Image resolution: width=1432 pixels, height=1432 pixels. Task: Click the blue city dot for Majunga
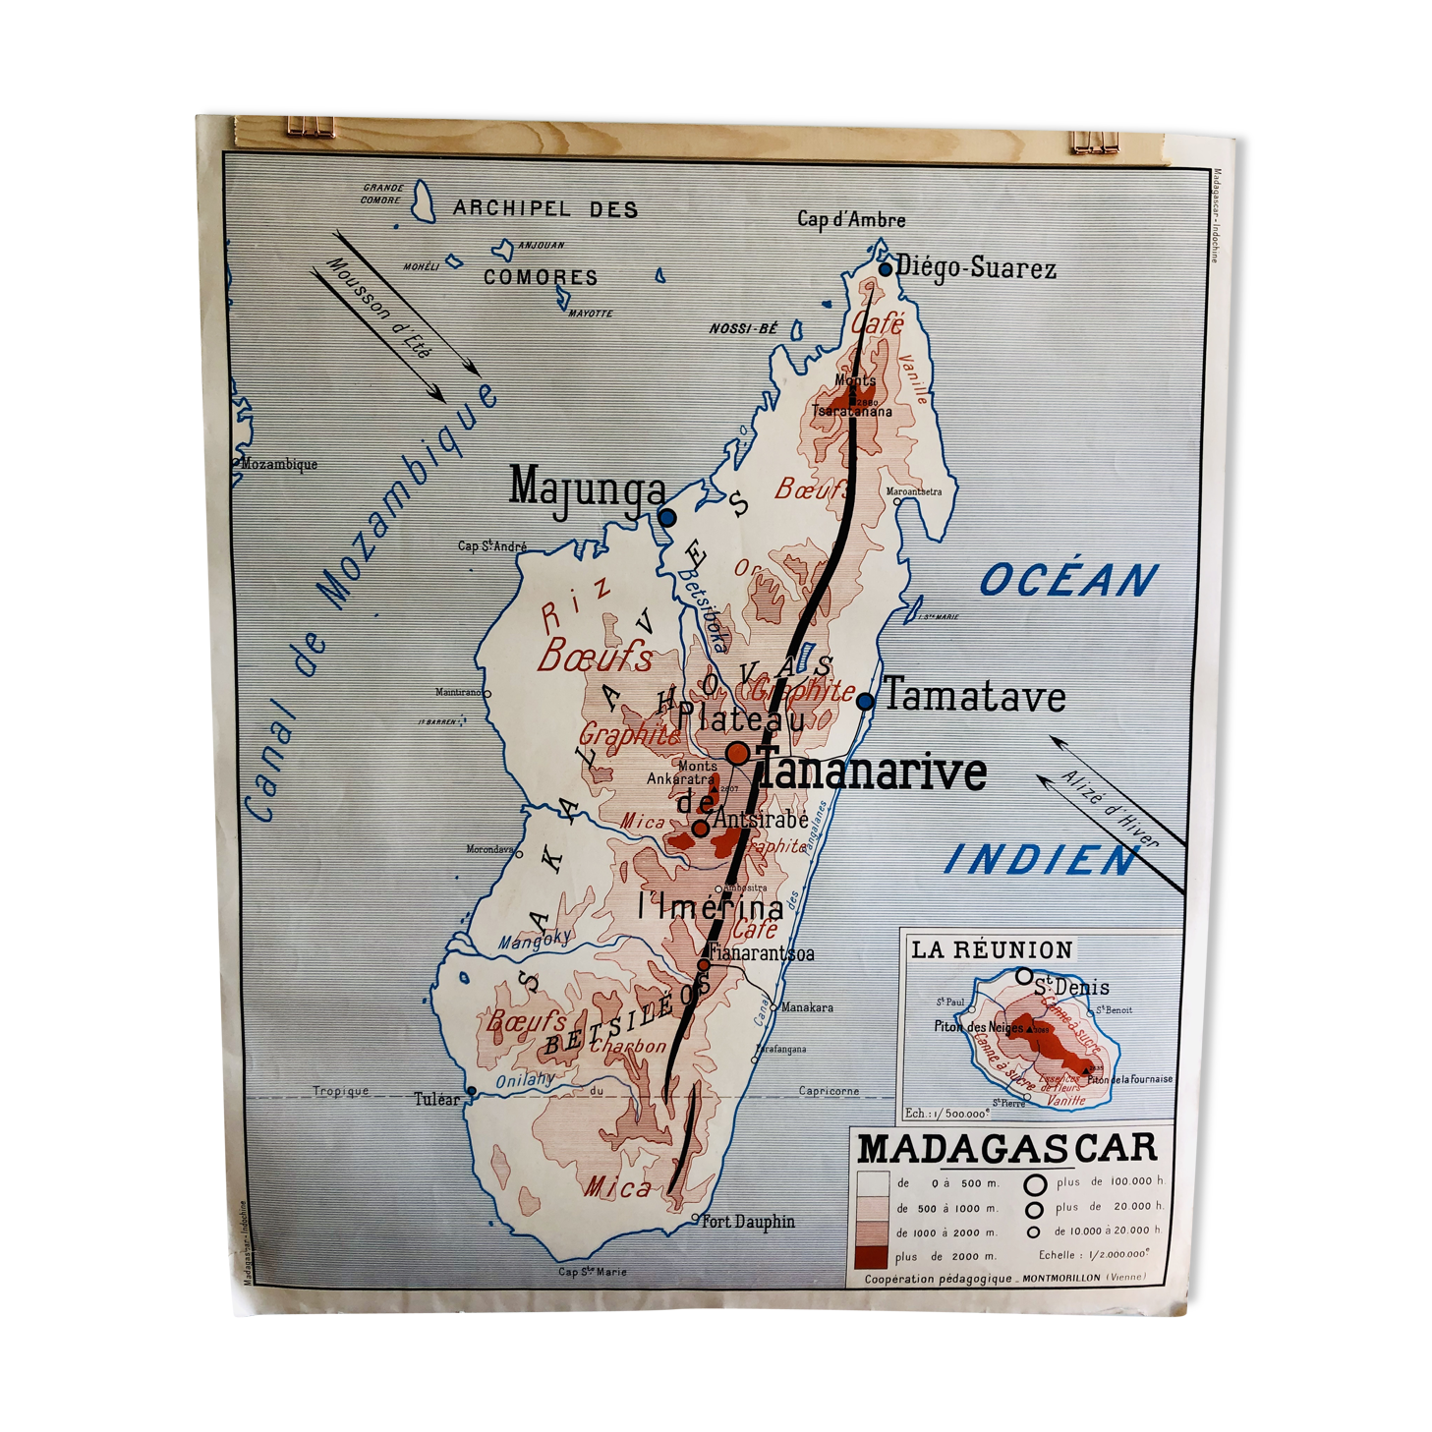(x=667, y=517)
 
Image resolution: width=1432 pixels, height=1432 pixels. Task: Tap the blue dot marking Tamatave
(x=865, y=702)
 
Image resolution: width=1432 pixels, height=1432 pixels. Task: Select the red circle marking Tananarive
(x=738, y=754)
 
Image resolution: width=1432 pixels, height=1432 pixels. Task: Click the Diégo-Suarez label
(x=975, y=268)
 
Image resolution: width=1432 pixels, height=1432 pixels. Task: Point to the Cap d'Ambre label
(x=851, y=220)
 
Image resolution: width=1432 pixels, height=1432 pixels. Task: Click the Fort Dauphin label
(x=748, y=1222)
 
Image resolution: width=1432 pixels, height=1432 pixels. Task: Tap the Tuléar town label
(x=436, y=1099)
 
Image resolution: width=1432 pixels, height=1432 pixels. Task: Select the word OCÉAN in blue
(x=1069, y=580)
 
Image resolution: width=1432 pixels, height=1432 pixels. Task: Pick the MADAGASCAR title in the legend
(x=1007, y=1148)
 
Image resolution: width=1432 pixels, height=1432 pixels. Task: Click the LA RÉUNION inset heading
(x=991, y=949)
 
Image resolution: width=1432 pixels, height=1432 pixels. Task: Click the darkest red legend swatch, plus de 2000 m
(x=872, y=1257)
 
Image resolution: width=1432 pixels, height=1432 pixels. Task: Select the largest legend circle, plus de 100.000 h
(x=1034, y=1184)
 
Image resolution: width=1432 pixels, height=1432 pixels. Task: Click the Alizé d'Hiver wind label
(x=1111, y=810)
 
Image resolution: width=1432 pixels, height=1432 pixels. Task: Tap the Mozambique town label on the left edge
(x=279, y=465)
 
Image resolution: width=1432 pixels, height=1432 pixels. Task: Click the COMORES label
(x=541, y=277)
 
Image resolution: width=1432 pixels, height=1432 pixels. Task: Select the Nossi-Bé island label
(x=743, y=329)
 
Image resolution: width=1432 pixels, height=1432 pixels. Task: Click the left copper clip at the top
(x=310, y=126)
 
